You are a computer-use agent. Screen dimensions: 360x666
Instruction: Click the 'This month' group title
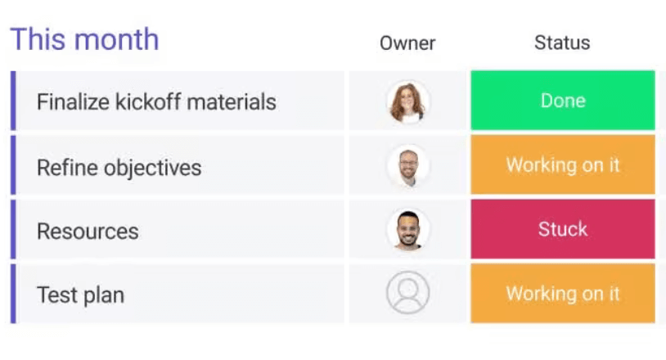[84, 39]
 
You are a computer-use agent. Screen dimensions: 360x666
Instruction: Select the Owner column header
[407, 43]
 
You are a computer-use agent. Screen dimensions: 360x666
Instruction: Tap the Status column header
[562, 43]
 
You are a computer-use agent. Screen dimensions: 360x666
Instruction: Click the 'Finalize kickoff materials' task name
[156, 102]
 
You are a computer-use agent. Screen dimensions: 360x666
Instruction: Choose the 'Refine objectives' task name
[119, 168]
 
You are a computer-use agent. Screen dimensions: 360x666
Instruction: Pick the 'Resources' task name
[88, 231]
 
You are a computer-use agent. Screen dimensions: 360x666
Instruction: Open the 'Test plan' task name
[80, 295]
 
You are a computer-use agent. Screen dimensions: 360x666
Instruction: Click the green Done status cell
[563, 101]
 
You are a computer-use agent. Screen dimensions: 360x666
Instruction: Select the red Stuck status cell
[563, 229]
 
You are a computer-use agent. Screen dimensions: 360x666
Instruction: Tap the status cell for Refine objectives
[563, 165]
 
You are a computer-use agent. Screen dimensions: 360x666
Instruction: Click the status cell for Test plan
[563, 294]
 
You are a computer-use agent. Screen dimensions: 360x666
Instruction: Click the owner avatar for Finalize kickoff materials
[407, 101]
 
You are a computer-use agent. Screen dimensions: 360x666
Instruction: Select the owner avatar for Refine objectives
[407, 166]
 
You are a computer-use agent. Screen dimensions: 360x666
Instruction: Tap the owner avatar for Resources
[407, 230]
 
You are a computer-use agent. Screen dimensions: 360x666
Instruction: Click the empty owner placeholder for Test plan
[407, 293]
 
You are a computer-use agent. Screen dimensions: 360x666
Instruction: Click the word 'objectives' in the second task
[153, 168]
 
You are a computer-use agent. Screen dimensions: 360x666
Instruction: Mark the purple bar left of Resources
[13, 230]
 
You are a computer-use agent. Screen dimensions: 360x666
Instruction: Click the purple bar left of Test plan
[13, 294]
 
